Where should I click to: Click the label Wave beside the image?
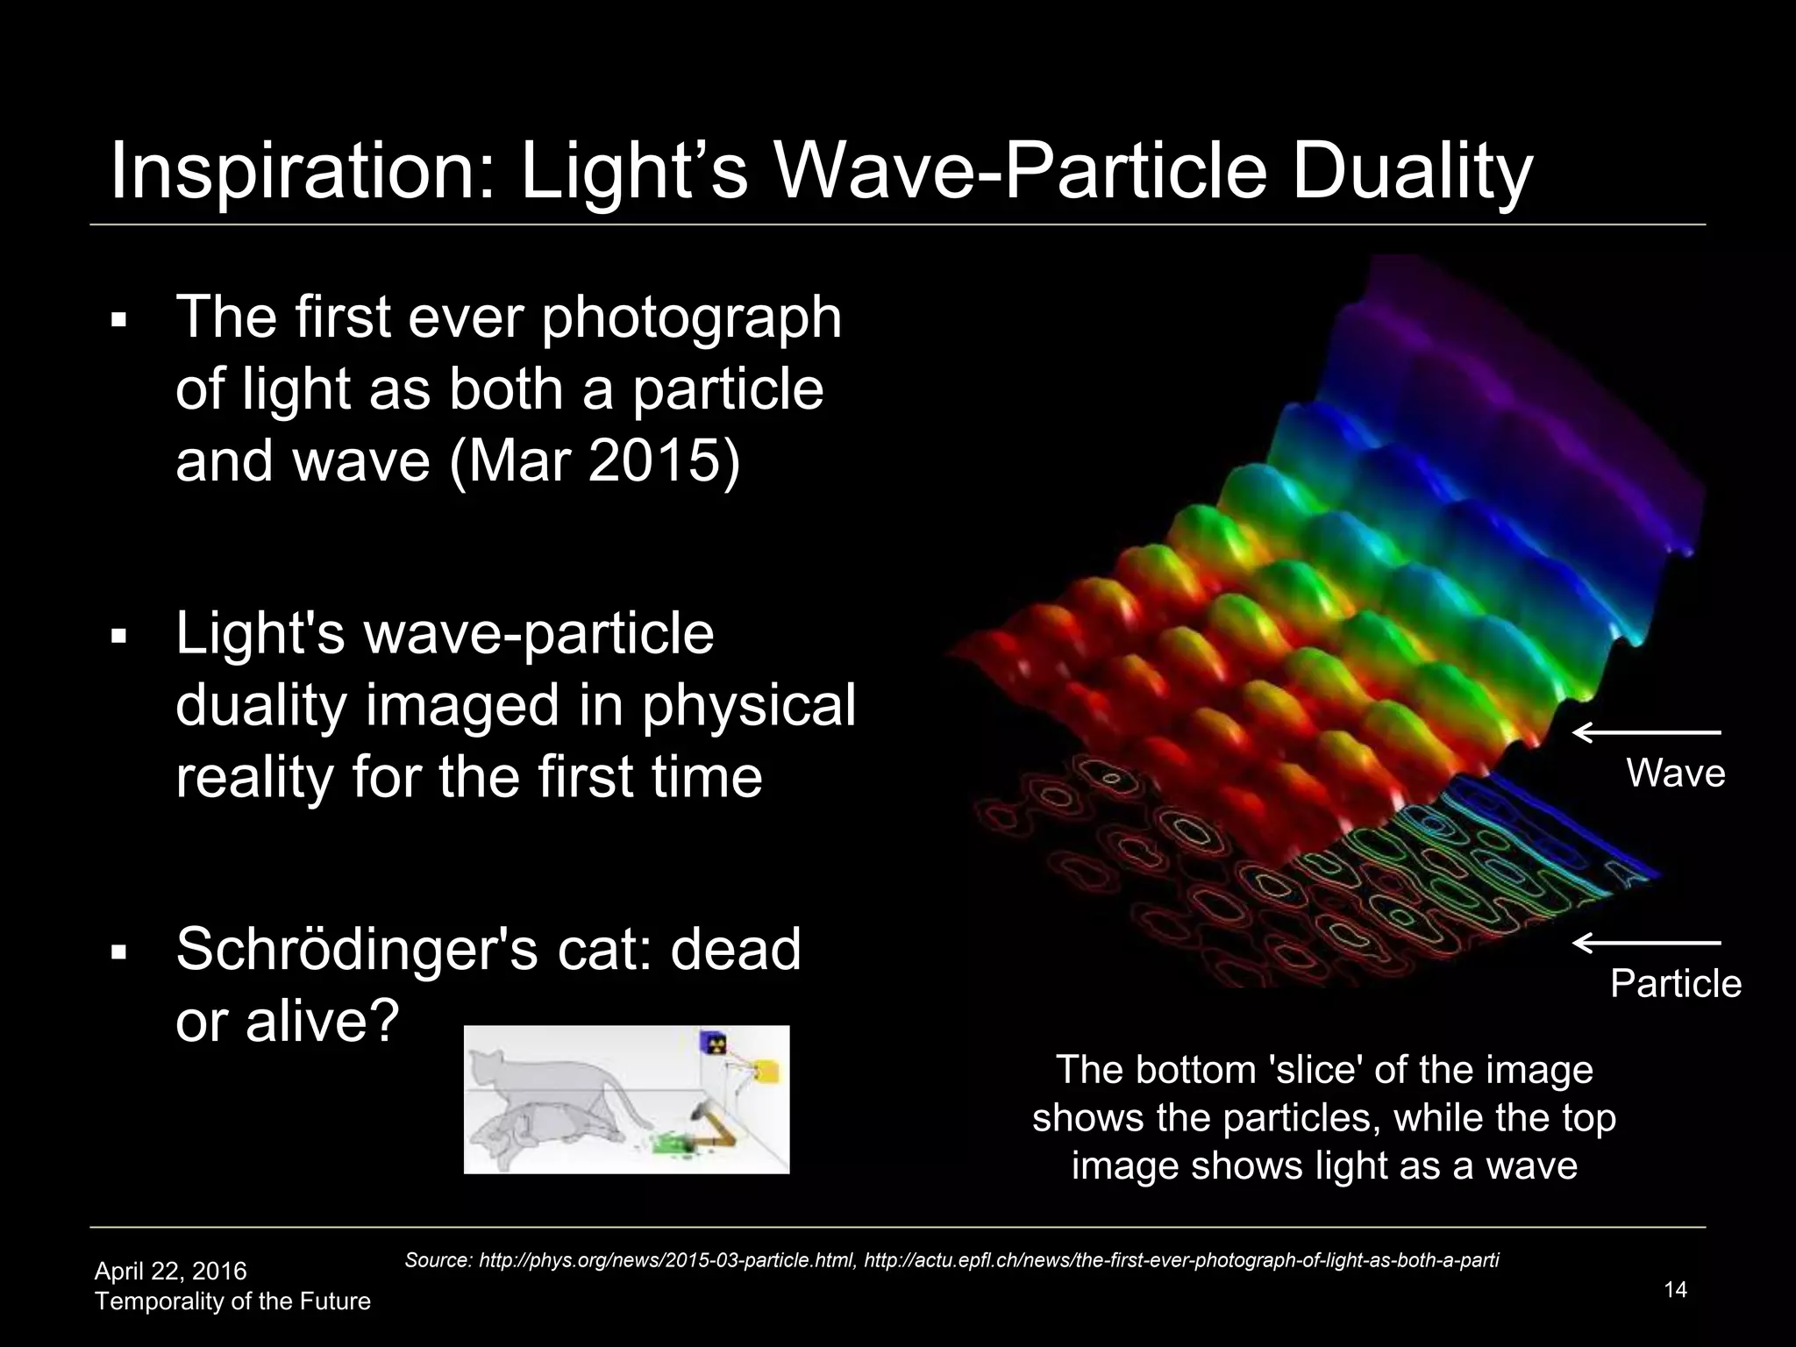coord(1675,773)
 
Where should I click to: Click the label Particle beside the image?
coord(1675,984)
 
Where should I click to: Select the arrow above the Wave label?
coord(1646,732)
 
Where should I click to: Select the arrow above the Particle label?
coord(1646,943)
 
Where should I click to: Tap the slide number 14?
coord(1674,1290)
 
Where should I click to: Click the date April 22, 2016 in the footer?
coord(170,1271)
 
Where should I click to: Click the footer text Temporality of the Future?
coord(232,1301)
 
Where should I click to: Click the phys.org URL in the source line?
coord(667,1261)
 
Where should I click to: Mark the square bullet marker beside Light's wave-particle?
coord(120,634)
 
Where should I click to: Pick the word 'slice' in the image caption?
coord(1322,1071)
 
